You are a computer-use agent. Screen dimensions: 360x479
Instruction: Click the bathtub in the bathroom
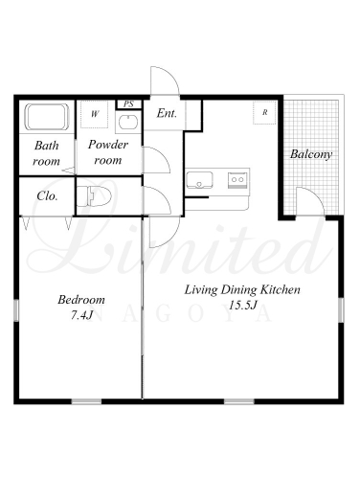point(47,117)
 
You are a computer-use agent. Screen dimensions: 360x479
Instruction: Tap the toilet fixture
point(94,196)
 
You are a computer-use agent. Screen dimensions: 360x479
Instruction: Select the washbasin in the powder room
point(128,122)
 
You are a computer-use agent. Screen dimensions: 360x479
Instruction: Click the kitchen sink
point(199,180)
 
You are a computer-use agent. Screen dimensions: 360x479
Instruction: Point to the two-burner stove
point(237,180)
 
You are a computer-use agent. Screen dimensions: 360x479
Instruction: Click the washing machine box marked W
point(94,114)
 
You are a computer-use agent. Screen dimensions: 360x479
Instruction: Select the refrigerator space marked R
point(264,112)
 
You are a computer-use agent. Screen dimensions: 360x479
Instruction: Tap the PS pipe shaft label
point(128,104)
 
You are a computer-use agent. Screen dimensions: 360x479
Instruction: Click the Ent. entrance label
point(167,113)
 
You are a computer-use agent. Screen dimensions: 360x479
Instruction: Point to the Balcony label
point(311,154)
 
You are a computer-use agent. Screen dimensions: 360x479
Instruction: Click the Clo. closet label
point(47,195)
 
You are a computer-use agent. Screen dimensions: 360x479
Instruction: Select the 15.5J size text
point(243,306)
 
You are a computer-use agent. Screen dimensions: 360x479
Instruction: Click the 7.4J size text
point(81,315)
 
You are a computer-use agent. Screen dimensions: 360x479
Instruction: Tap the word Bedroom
point(81,300)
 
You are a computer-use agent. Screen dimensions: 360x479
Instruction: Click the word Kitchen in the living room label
point(281,289)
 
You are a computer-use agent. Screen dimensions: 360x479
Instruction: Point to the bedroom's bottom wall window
point(86,401)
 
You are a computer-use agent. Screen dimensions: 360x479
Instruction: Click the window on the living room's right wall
point(341,309)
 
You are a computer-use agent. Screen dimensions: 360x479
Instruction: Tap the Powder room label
point(108,152)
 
